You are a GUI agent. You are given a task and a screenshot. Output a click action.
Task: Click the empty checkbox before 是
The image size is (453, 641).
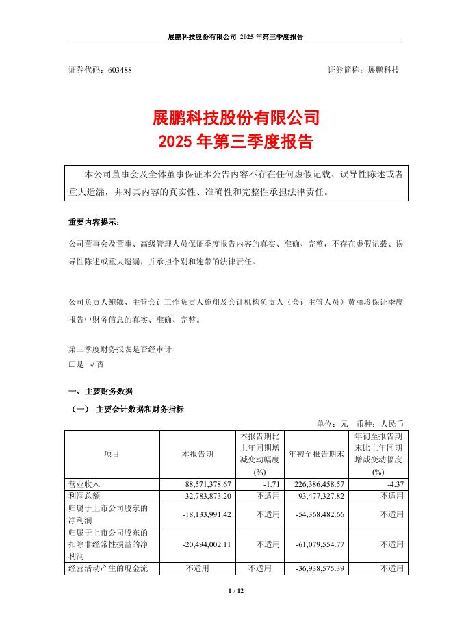click(72, 365)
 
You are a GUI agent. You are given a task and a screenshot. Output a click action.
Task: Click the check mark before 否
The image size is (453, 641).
click(92, 365)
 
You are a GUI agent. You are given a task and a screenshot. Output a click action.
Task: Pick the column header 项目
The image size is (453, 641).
click(112, 454)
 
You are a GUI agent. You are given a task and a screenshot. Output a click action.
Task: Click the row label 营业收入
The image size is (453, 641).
click(83, 483)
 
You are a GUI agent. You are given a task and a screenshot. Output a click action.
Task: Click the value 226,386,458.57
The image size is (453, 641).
click(314, 483)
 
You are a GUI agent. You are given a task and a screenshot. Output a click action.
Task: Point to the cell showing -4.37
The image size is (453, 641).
click(393, 483)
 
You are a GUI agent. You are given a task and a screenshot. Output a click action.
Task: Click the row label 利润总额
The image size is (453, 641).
click(83, 494)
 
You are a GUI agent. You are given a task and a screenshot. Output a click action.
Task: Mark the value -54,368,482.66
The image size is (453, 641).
click(314, 514)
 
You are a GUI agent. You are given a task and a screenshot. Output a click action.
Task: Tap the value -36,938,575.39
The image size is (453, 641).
click(314, 568)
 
